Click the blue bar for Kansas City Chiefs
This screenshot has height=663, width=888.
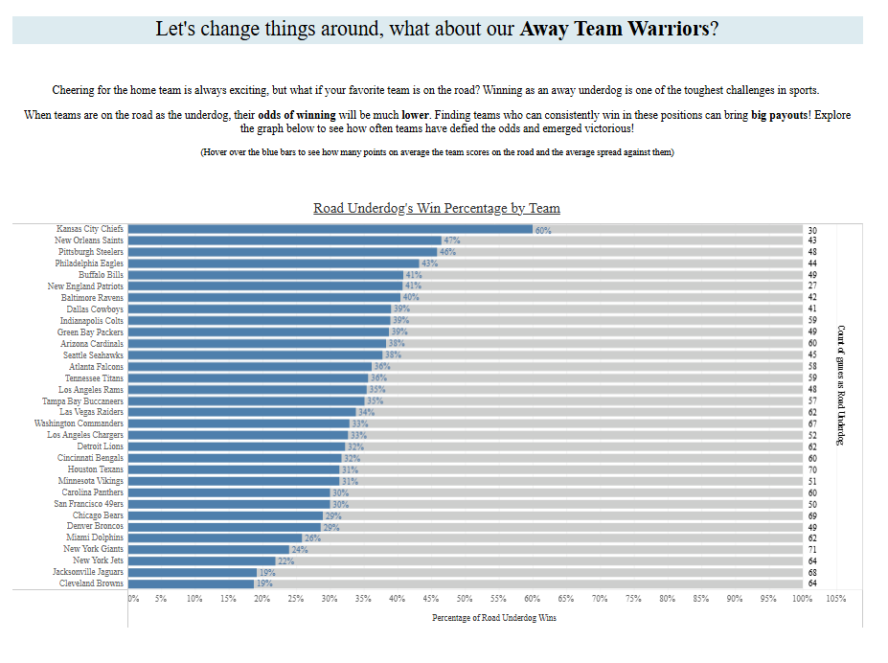pos(330,230)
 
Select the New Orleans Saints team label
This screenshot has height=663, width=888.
pos(89,241)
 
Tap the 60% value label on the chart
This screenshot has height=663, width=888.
pos(543,231)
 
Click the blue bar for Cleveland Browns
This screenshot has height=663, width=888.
pos(191,583)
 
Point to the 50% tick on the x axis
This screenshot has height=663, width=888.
pos(465,599)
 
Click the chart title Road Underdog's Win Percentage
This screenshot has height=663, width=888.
pos(437,208)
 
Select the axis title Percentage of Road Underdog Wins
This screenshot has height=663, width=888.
pos(494,618)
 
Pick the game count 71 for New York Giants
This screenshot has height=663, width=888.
pos(812,549)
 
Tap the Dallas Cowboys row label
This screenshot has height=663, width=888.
pos(95,309)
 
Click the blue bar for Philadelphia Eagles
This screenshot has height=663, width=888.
pos(273,263)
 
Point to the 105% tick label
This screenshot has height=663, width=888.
pos(835,599)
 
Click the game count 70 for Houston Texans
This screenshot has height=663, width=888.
pos(812,469)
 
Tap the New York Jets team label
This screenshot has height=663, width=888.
pos(98,560)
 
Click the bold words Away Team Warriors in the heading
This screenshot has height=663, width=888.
pos(614,28)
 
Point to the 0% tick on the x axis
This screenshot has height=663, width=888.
pos(133,599)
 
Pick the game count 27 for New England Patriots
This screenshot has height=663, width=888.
pos(812,286)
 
